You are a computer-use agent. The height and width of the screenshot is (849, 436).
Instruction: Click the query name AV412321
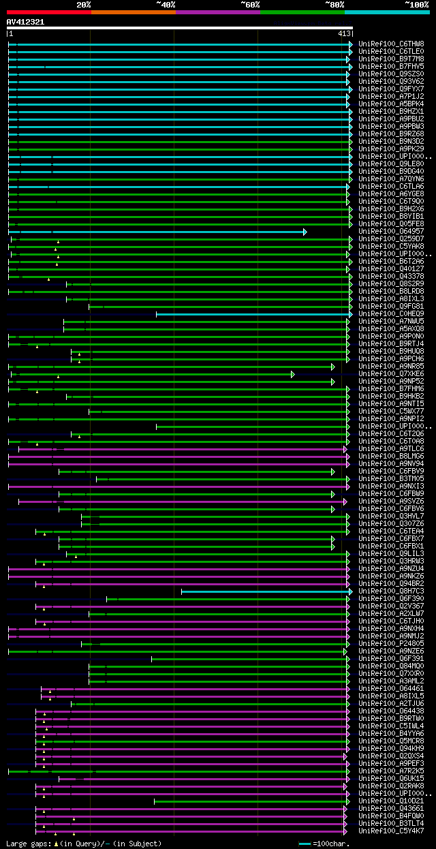(26, 22)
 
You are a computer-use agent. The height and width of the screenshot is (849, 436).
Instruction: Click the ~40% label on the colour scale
(166, 5)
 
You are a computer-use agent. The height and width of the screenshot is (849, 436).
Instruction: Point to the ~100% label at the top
(417, 5)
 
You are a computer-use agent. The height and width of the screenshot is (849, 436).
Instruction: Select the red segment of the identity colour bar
(48, 12)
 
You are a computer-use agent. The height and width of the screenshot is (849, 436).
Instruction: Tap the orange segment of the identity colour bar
(133, 12)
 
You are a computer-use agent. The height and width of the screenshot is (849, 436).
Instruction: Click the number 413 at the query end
(344, 33)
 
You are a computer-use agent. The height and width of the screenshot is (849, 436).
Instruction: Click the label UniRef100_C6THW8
(391, 44)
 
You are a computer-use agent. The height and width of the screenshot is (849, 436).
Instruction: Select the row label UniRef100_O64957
(391, 232)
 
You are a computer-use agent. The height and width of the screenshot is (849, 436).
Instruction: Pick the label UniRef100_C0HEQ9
(391, 314)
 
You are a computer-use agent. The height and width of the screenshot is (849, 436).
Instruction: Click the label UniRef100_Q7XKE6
(391, 374)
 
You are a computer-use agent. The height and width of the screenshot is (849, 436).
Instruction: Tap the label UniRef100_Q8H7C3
(391, 591)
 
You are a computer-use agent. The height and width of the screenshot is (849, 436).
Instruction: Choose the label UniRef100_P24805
(391, 644)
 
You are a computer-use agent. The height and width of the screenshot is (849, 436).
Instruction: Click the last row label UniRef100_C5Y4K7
(391, 831)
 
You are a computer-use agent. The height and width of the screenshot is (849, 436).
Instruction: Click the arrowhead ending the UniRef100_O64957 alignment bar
(305, 232)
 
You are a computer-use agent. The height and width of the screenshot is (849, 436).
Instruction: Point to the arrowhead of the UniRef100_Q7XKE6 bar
(293, 374)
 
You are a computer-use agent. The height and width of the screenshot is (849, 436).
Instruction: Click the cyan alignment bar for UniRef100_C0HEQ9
(252, 314)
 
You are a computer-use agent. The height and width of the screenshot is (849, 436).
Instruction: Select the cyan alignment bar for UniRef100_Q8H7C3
(266, 591)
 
